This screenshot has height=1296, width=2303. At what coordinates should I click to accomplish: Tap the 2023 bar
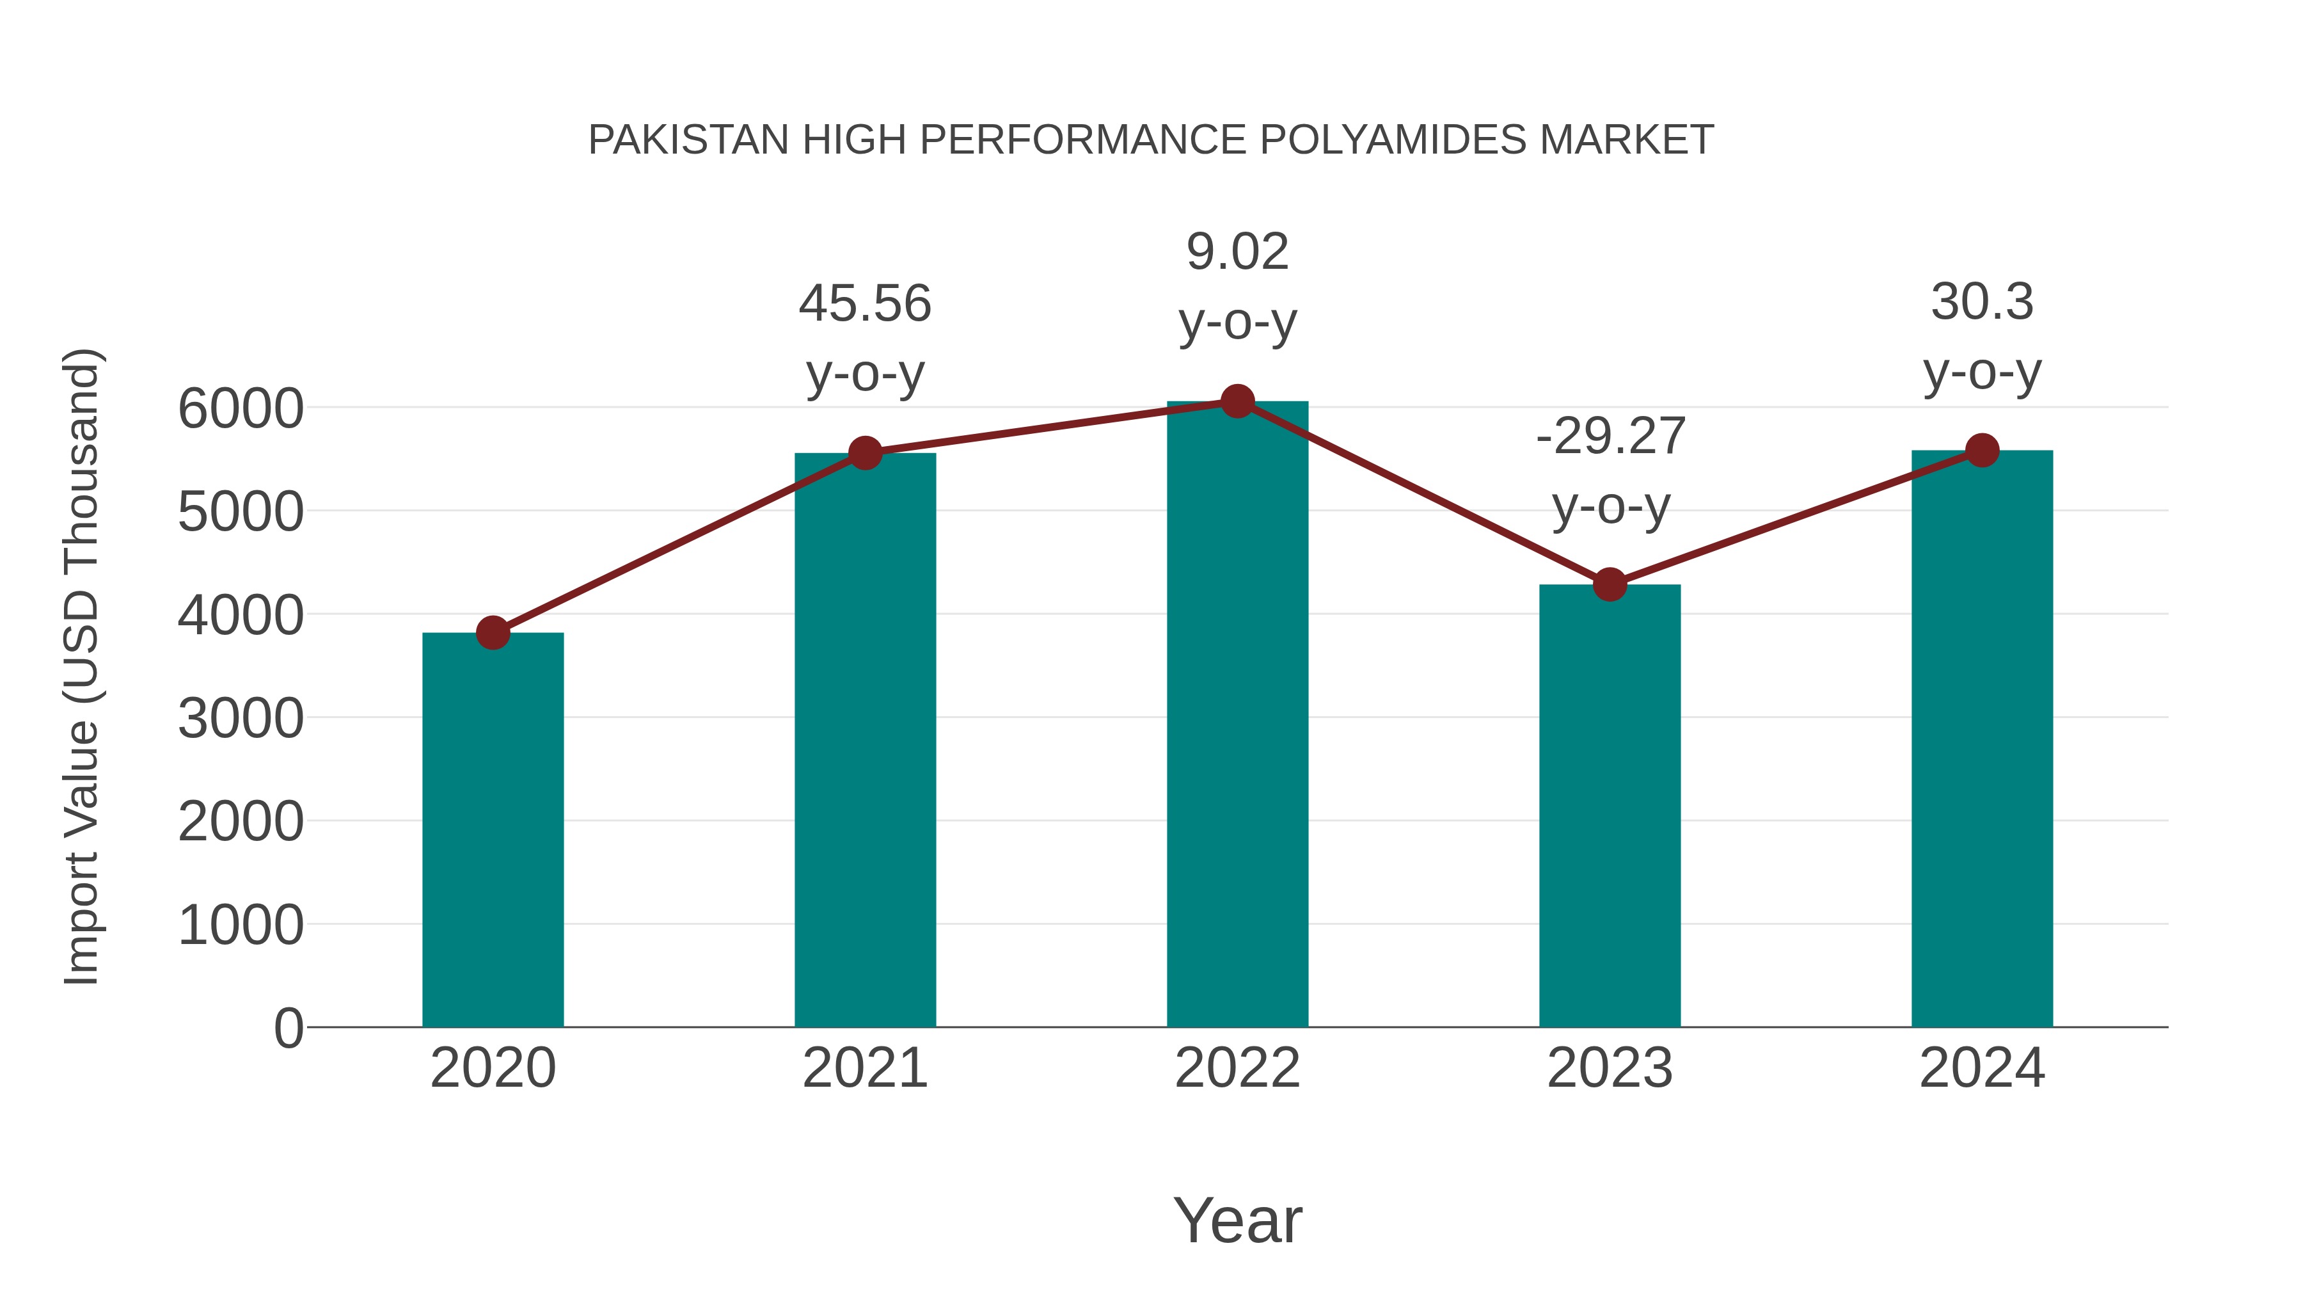pos(1610,805)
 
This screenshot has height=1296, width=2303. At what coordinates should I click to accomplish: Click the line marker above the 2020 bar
pos(493,633)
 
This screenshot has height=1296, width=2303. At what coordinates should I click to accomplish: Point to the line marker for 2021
pos(864,452)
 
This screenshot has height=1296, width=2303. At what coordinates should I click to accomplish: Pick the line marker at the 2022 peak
pos(1237,401)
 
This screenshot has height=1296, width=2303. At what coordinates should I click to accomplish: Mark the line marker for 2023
pos(1610,584)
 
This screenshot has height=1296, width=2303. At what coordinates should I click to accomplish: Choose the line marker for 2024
pos(1982,450)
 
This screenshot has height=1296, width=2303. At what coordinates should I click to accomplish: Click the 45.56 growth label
pos(864,303)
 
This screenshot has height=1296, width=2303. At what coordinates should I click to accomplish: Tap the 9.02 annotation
pos(1237,252)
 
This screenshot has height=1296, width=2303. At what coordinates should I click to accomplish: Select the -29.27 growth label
pos(1610,436)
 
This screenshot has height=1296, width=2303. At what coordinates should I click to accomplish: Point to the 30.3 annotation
pos(1982,301)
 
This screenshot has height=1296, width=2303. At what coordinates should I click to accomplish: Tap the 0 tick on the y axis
pos(288,1028)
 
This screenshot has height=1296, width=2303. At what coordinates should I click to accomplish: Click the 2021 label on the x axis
pos(864,1068)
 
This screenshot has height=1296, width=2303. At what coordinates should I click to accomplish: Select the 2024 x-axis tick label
pos(1982,1068)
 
